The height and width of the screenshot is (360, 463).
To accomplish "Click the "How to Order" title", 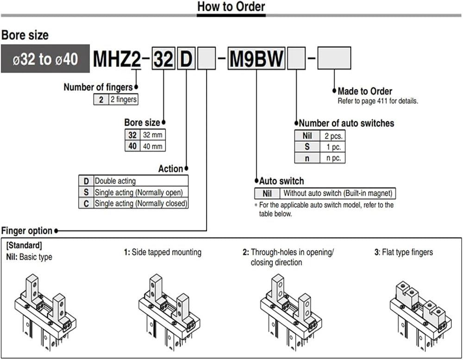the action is click(231, 6).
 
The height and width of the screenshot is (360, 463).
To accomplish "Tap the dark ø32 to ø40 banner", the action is click(45, 58).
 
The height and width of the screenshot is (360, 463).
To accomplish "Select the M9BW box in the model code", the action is click(257, 58).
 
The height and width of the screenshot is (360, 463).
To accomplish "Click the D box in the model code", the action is click(186, 58).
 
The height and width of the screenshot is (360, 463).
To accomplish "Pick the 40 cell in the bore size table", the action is click(132, 145).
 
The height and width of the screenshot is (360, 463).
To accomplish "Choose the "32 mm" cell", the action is click(153, 135).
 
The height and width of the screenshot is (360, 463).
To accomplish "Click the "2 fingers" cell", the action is click(124, 99).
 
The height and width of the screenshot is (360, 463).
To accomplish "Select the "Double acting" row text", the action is click(115, 181).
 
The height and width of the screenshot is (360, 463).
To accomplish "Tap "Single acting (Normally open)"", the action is click(139, 192).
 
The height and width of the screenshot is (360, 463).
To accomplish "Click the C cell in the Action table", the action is click(86, 203).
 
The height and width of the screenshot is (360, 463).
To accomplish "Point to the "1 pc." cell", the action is click(333, 147).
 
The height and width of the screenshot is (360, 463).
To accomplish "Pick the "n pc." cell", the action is click(333, 158).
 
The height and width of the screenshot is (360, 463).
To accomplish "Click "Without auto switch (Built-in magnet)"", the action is click(338, 193).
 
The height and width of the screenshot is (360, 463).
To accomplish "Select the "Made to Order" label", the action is click(365, 91).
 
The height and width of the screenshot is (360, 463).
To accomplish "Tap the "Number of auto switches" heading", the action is click(346, 123).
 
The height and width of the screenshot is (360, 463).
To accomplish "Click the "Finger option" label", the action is click(27, 231).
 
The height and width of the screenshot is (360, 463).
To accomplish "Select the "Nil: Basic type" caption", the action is click(29, 257).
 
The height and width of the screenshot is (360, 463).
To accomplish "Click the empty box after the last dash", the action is click(334, 58).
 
